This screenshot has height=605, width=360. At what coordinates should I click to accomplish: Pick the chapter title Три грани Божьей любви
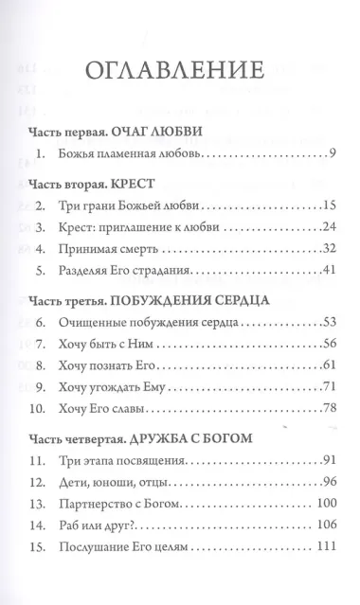click(128, 204)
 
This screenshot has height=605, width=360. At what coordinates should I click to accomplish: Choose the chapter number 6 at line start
click(39, 324)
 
